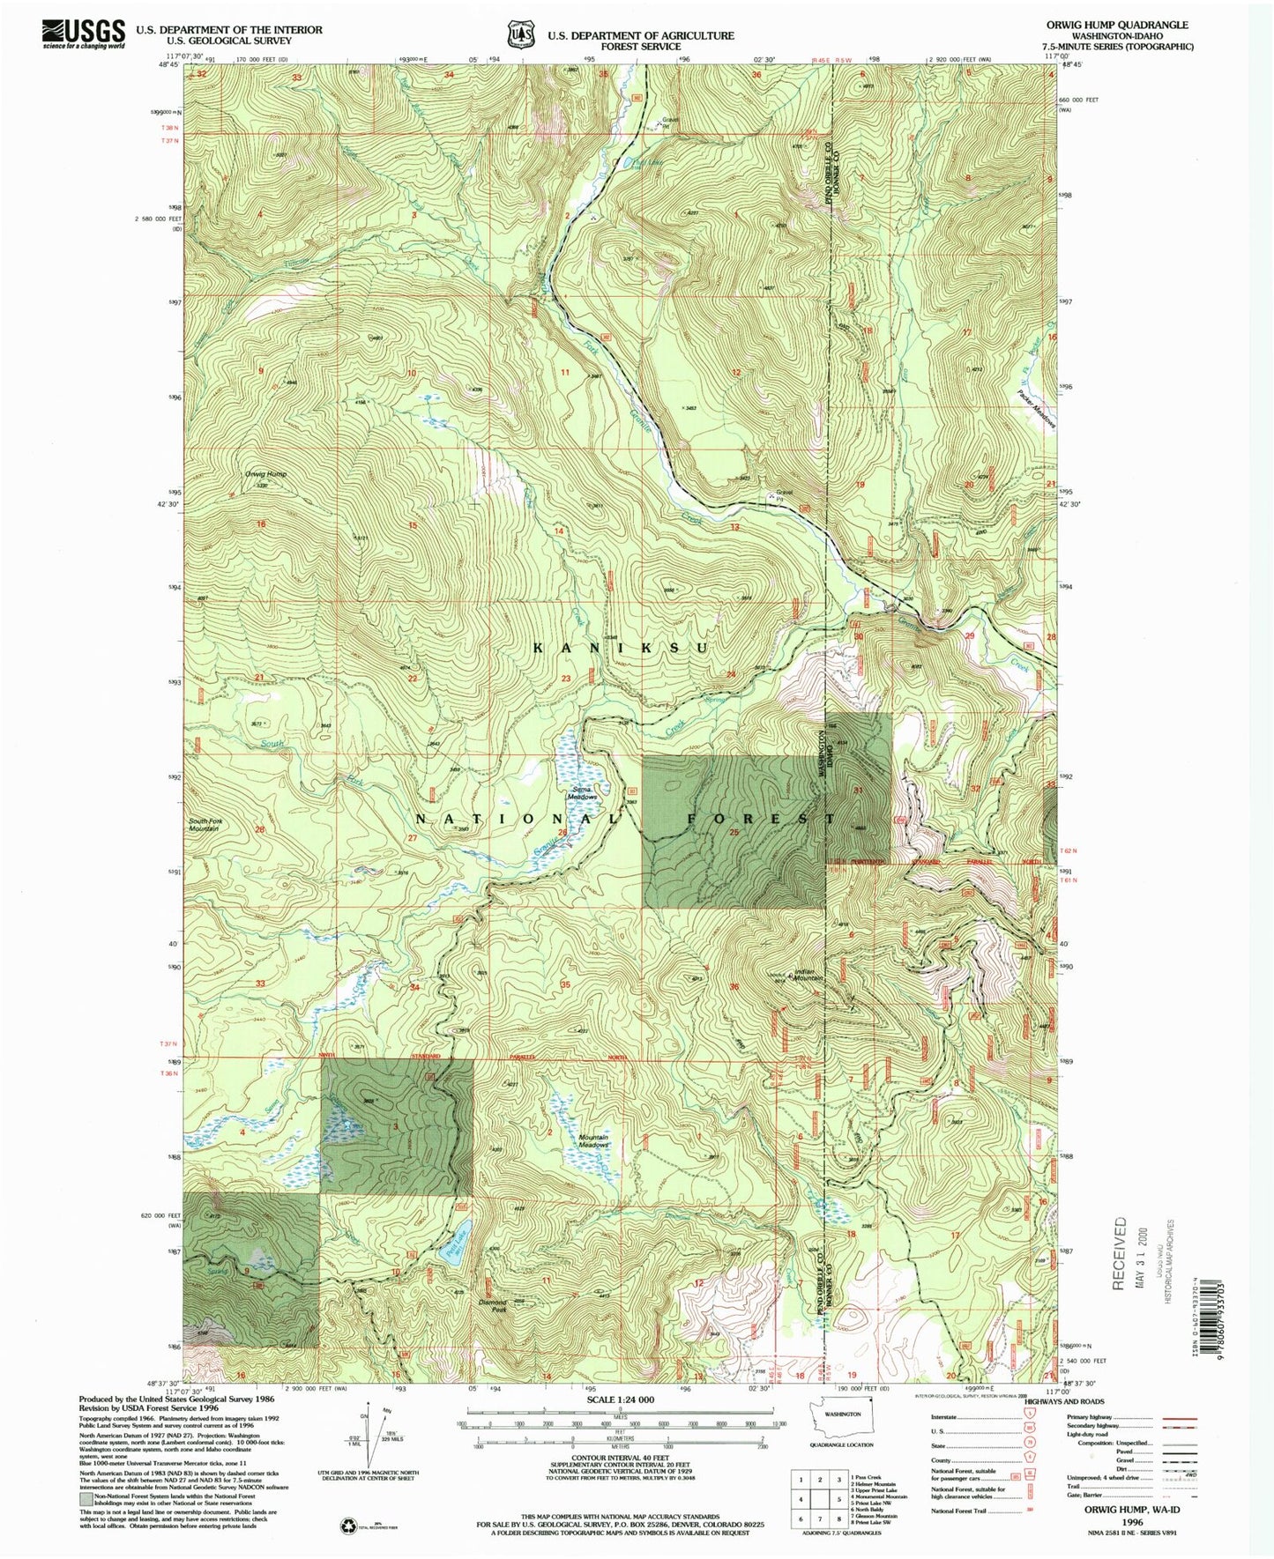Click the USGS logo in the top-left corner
[x=83, y=33]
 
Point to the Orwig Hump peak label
[x=266, y=474]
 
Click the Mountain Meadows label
[x=593, y=1140]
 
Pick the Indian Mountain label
[x=808, y=975]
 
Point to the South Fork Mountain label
[x=204, y=825]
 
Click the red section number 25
[x=733, y=833]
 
